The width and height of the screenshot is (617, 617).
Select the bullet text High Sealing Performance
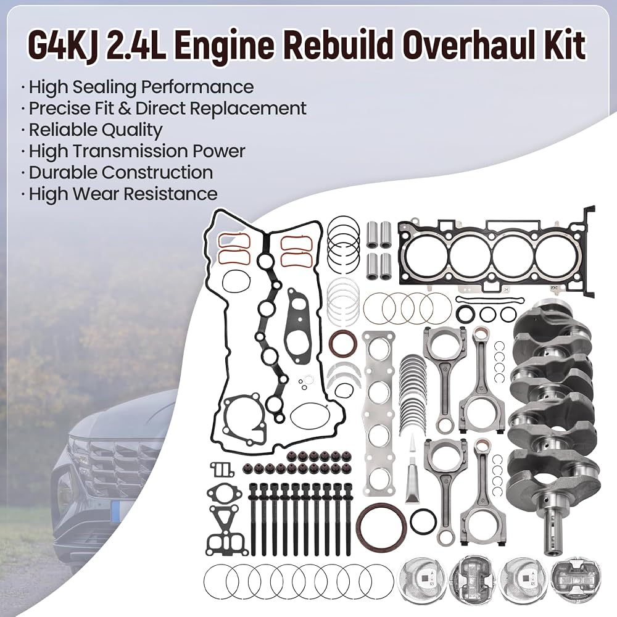point(141,87)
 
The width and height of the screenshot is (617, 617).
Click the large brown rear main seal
point(379,525)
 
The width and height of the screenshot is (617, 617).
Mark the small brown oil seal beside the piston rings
point(340,342)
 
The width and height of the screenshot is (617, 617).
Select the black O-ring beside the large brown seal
point(423,521)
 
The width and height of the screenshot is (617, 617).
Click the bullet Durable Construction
point(121,172)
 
